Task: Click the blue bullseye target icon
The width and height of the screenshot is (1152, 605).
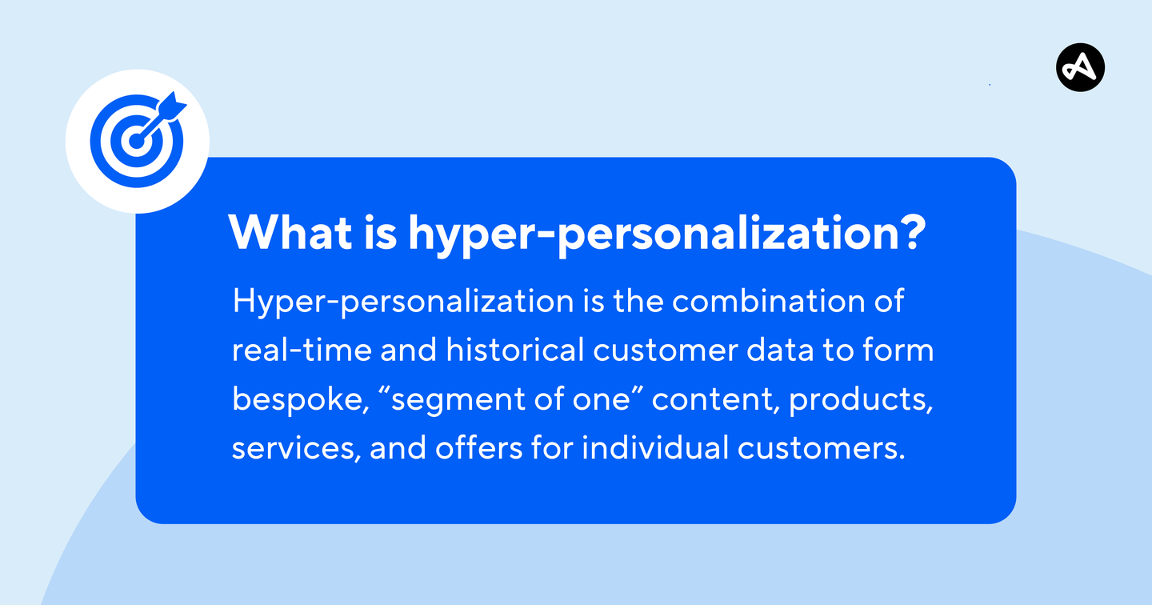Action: click(136, 142)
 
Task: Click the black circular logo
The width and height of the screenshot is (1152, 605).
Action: click(1080, 67)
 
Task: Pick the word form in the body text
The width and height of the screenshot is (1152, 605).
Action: click(902, 351)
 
